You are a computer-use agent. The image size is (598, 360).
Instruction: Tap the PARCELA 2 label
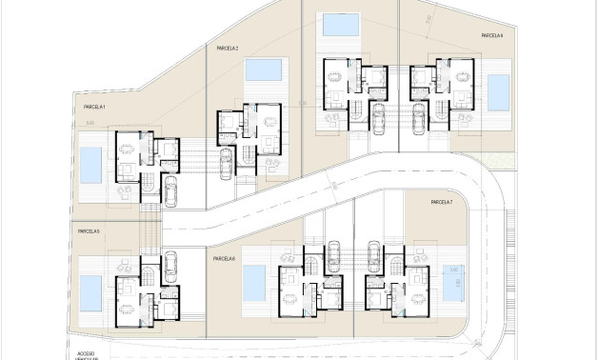[x=228, y=48]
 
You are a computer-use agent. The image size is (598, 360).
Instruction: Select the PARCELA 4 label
[x=491, y=35]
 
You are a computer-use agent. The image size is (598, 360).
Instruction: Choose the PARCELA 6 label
[x=224, y=259]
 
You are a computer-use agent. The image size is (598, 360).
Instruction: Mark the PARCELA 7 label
[x=441, y=203]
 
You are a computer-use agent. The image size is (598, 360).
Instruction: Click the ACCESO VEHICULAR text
[x=87, y=353]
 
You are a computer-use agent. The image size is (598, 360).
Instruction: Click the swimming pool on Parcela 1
[x=90, y=165]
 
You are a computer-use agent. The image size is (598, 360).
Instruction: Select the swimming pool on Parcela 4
[x=498, y=92]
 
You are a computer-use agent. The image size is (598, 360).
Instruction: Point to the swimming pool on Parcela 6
[x=254, y=280]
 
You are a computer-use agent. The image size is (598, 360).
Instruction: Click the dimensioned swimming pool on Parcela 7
[x=449, y=283]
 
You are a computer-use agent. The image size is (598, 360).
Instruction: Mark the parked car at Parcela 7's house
[x=374, y=255]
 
